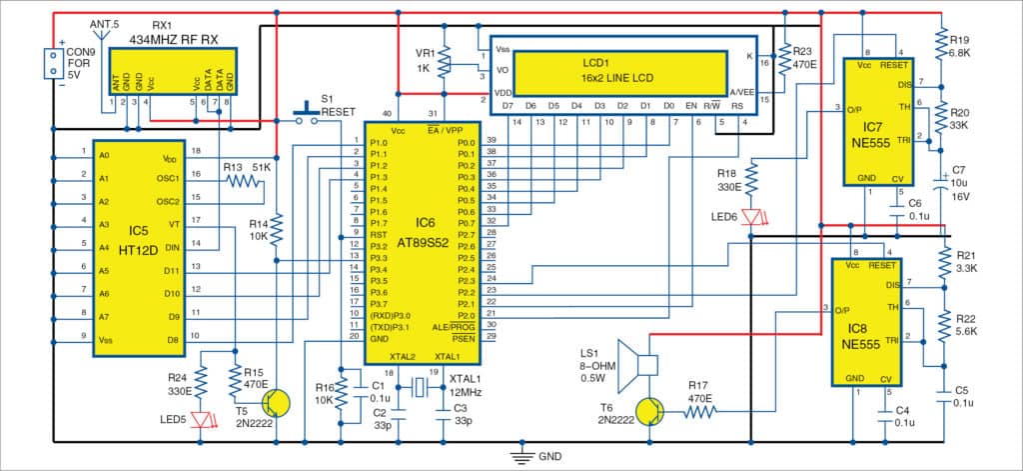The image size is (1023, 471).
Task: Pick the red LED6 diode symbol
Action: (754, 218)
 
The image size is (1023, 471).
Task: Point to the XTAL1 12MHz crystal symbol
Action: (421, 391)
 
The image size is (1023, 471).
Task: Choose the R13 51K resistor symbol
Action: (240, 182)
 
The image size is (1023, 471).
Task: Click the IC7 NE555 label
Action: (871, 135)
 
